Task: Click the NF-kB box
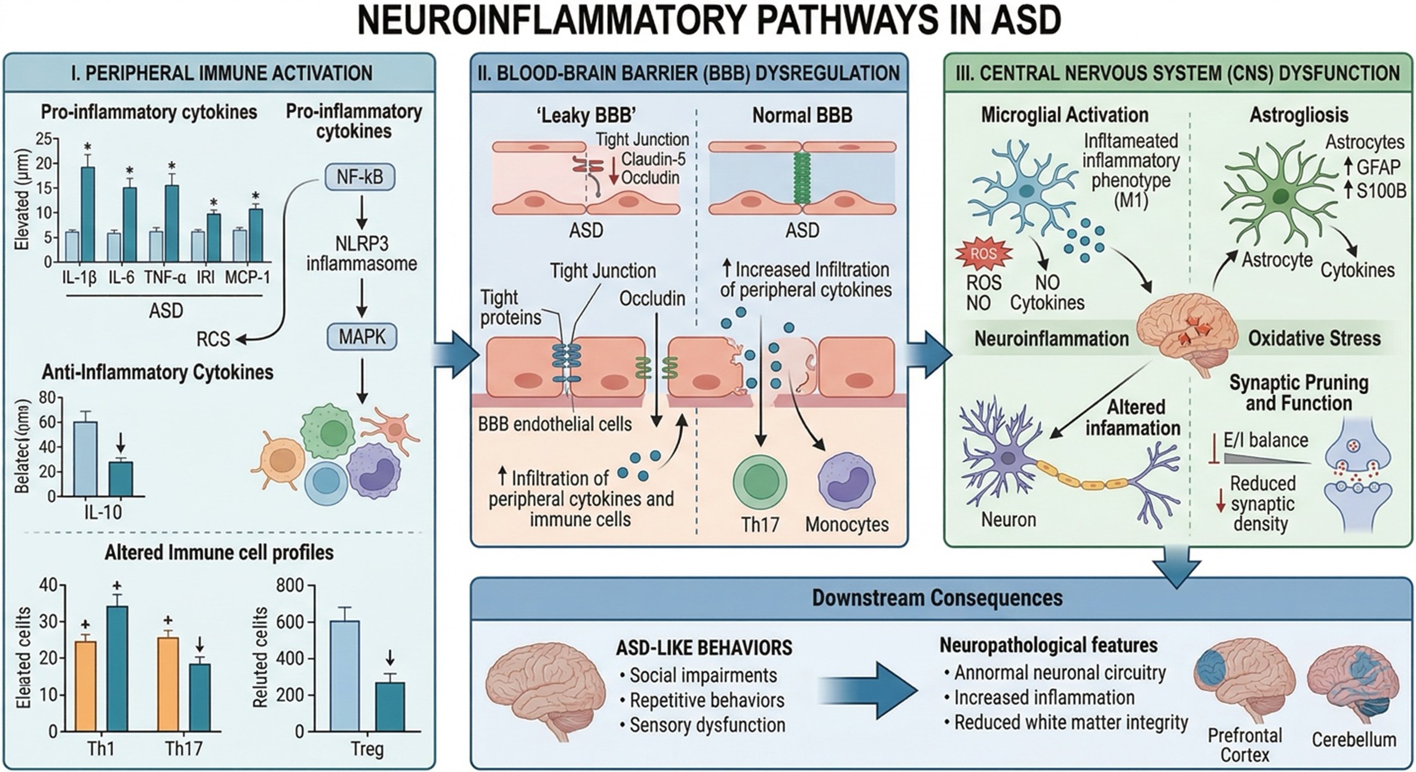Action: click(x=360, y=177)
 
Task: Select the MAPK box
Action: click(x=362, y=338)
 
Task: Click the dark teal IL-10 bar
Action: click(x=121, y=479)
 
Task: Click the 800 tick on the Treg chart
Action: click(x=290, y=586)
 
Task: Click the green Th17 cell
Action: click(x=759, y=482)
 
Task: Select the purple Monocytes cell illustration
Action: click(x=846, y=482)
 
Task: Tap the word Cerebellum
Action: click(x=1354, y=740)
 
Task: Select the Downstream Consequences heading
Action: click(x=937, y=599)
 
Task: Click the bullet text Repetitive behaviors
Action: click(x=707, y=700)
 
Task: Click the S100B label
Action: click(x=1380, y=191)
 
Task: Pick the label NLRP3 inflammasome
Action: click(x=361, y=253)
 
